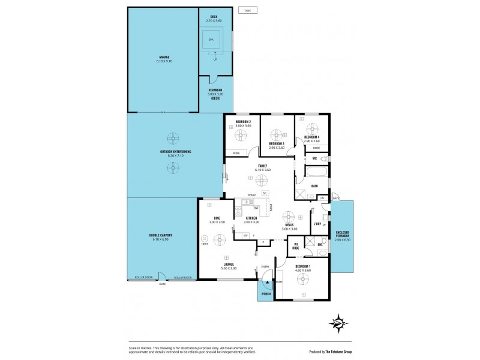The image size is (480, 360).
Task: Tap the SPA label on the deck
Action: coord(211,40)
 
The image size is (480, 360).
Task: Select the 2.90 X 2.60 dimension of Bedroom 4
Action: coord(311,141)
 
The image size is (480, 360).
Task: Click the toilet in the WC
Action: coord(323,158)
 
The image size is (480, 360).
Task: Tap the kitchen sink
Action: coord(245,202)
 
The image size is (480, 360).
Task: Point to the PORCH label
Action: coord(265,294)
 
